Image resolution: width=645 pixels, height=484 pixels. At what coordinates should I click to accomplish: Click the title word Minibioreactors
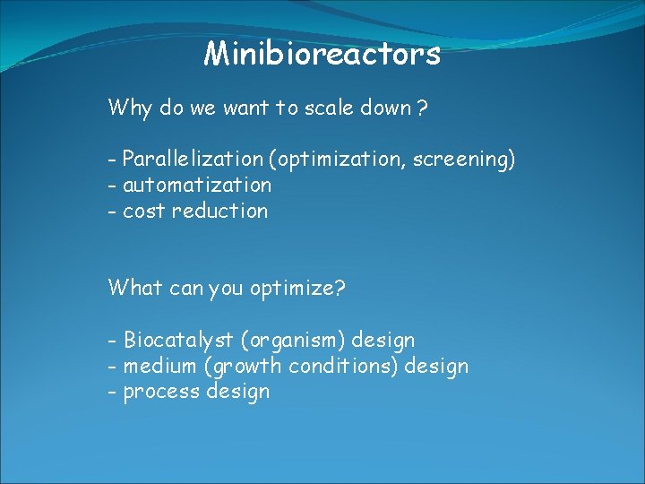322,54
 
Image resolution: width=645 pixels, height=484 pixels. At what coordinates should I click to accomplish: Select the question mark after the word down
421,109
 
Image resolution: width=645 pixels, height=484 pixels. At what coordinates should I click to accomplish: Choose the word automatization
196,186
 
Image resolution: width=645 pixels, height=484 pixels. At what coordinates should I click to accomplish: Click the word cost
143,212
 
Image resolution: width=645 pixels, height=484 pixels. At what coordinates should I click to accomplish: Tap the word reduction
219,212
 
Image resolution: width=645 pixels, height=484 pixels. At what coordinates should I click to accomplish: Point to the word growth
246,367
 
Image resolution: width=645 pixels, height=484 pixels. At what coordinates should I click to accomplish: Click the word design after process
237,393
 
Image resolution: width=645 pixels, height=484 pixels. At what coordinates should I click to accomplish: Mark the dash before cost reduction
113,212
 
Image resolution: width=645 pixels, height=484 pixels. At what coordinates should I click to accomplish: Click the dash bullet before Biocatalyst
113,341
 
